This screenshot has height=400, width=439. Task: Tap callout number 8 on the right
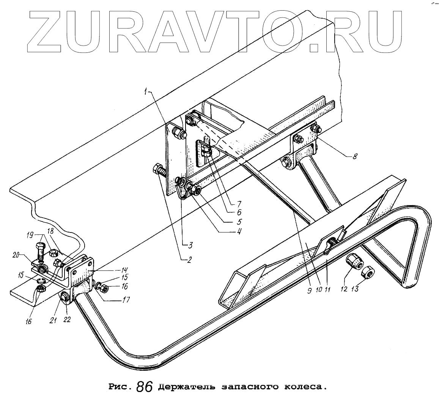[x=354, y=157]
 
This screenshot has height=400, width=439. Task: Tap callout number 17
[x=124, y=300]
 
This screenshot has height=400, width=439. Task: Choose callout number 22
[x=67, y=320]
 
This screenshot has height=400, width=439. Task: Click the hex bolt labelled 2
[x=159, y=170]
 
